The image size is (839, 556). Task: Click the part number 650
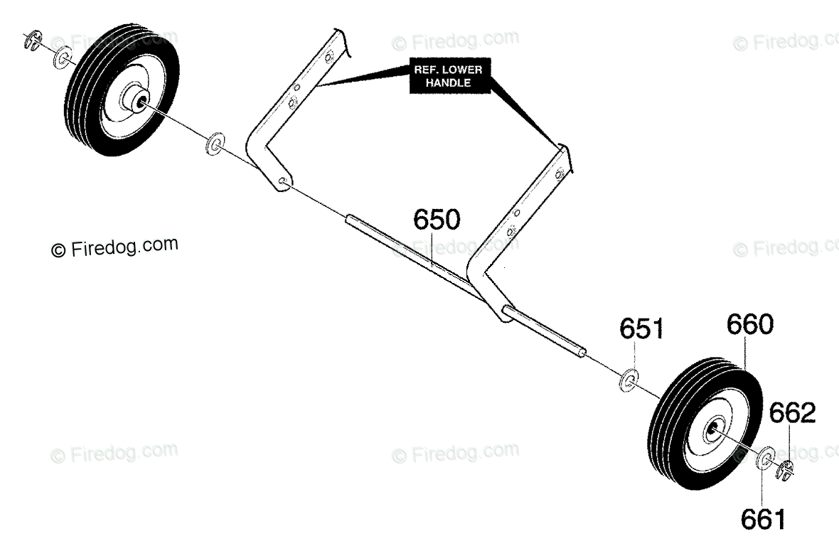coord(437,220)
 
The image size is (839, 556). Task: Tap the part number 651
coord(641,329)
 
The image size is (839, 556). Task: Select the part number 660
coord(749,325)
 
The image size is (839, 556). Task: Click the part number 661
coord(764,520)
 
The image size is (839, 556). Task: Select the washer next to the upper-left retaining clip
coord(63,56)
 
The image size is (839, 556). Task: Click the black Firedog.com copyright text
coord(114,247)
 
